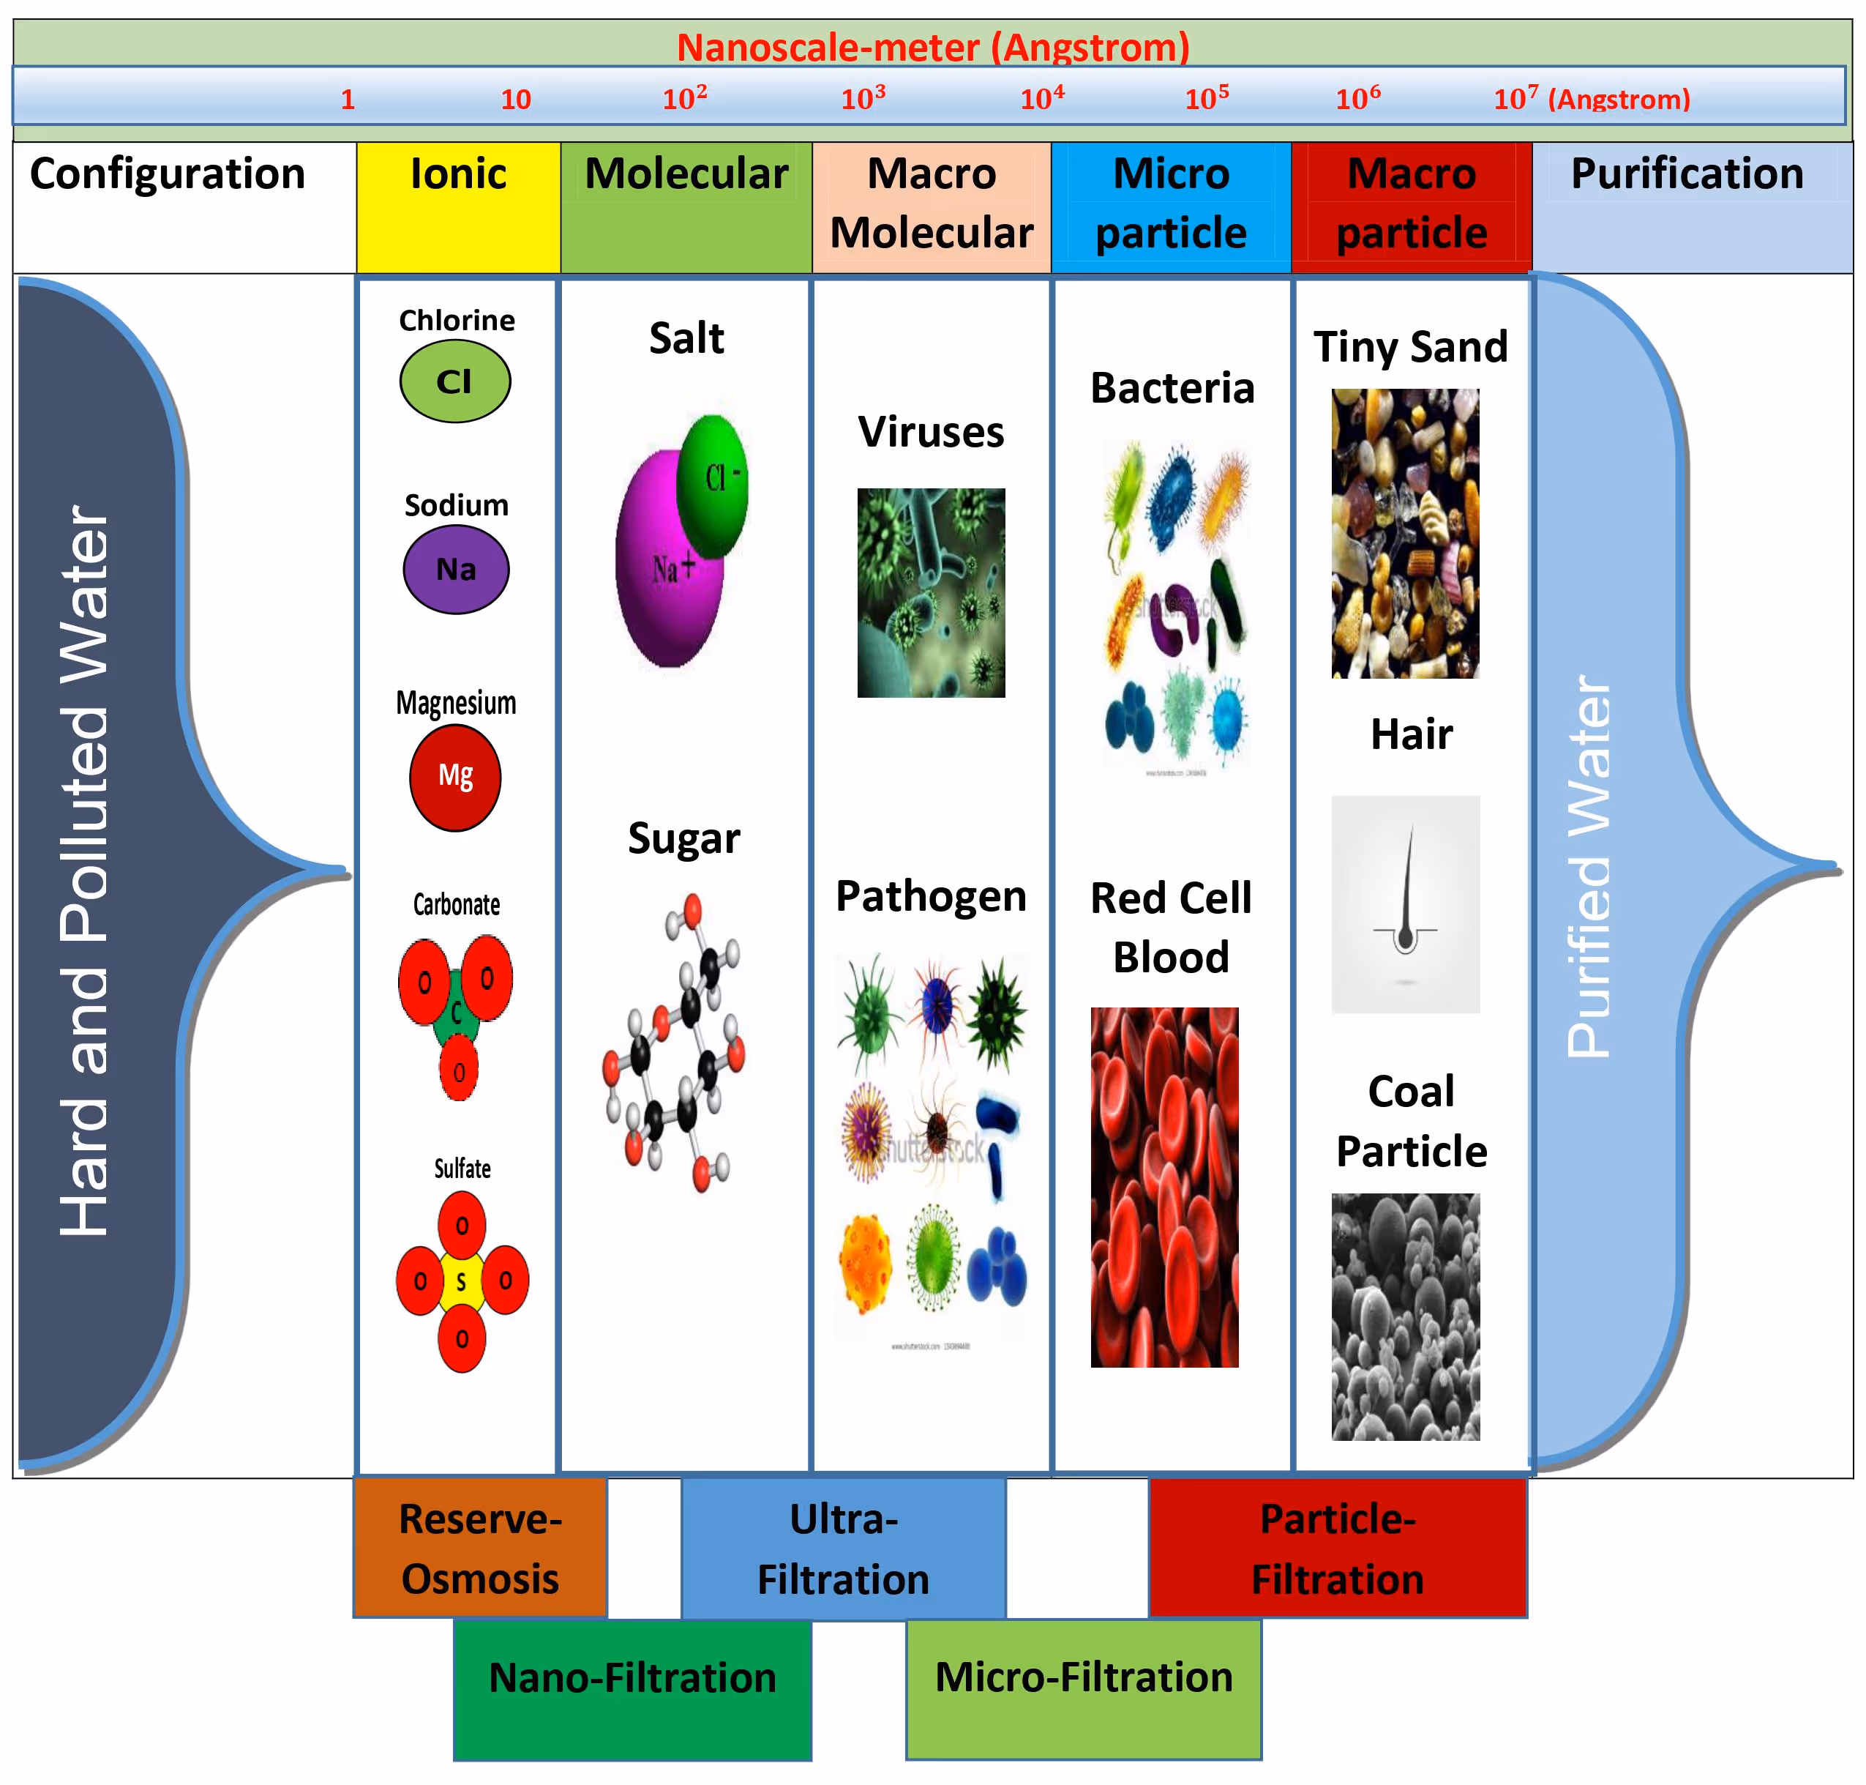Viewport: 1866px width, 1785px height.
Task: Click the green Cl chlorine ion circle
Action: [454, 381]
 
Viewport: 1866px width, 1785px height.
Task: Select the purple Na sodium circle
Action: [456, 568]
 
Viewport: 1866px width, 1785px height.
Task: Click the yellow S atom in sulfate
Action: [461, 1281]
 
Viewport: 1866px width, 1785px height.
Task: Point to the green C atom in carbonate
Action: [456, 1014]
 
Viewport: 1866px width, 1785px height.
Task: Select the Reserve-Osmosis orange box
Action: [479, 1548]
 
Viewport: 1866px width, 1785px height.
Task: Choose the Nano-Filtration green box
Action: [632, 1689]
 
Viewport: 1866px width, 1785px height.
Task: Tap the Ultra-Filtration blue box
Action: [843, 1548]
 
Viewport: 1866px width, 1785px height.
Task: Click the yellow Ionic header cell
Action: [457, 206]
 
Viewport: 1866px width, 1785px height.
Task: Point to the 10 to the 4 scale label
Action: [1041, 98]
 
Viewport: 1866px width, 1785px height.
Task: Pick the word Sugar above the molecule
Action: [683, 838]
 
